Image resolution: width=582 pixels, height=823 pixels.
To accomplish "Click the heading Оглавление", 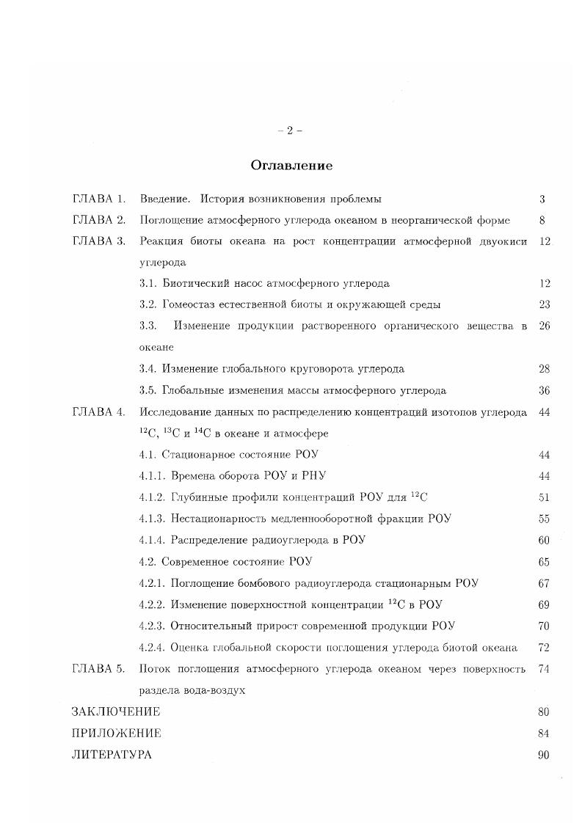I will coord(291,166).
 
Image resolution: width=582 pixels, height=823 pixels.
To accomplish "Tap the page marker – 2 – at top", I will coord(291,131).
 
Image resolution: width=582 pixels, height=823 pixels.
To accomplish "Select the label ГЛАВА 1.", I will coord(99,199).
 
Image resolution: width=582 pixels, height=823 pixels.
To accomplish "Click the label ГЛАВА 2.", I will coord(99,220).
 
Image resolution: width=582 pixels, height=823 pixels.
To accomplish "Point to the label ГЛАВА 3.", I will coord(99,241).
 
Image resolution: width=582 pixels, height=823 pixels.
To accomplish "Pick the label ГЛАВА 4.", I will coord(99,412).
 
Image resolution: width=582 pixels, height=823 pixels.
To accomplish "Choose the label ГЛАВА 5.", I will coord(99,669).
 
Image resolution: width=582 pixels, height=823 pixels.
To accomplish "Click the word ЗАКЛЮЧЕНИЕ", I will coord(116,712).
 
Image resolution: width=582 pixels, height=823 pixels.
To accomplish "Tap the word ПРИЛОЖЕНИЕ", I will coord(116,733).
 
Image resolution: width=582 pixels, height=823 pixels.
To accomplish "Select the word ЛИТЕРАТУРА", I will coord(112,755).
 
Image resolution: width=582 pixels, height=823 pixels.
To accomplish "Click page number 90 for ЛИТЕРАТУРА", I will coord(544,755).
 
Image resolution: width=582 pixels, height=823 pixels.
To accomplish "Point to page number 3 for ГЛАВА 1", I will coord(542,199).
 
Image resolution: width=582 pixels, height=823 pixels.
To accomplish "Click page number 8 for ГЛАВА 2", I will coord(542,220).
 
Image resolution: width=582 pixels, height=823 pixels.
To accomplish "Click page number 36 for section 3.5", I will coord(544,391).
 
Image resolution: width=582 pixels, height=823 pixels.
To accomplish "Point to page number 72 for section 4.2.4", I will coord(544,648).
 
